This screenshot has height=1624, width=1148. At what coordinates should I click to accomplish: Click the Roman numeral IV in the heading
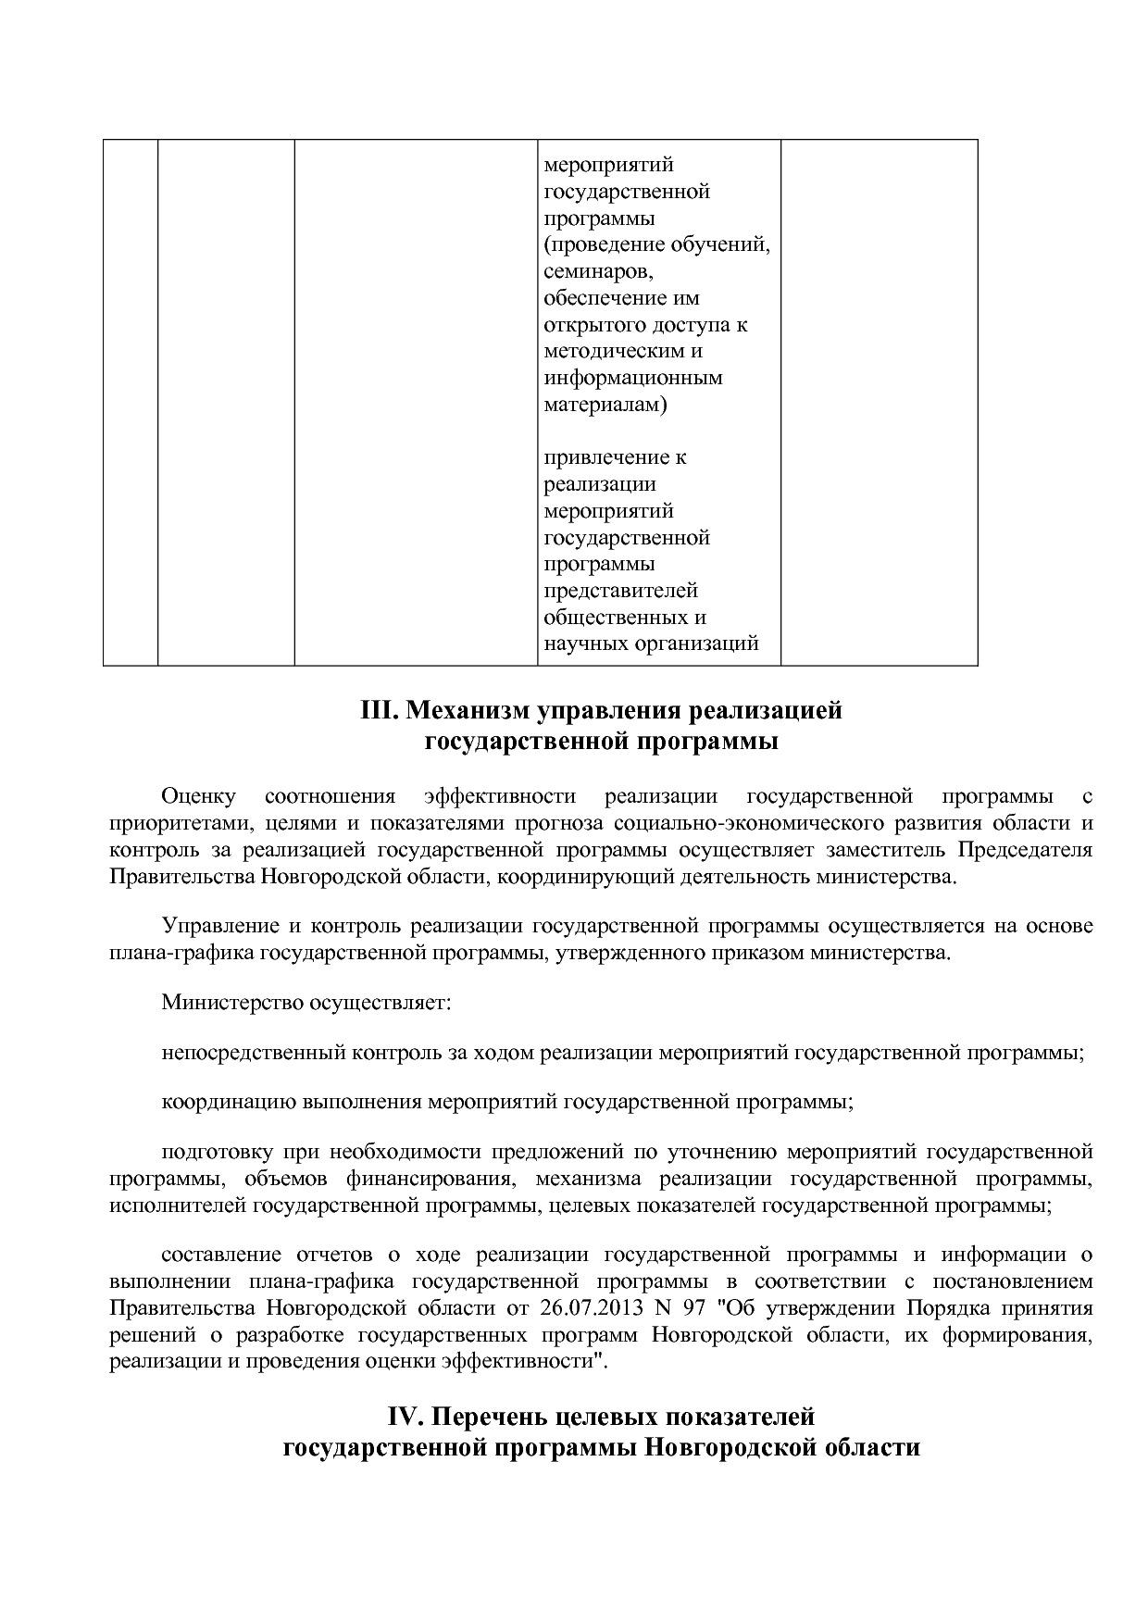click(404, 1417)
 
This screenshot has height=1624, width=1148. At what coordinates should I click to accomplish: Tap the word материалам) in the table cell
click(605, 405)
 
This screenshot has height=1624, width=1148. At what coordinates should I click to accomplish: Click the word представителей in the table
click(620, 591)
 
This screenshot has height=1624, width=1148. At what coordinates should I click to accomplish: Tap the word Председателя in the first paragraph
click(1025, 850)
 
